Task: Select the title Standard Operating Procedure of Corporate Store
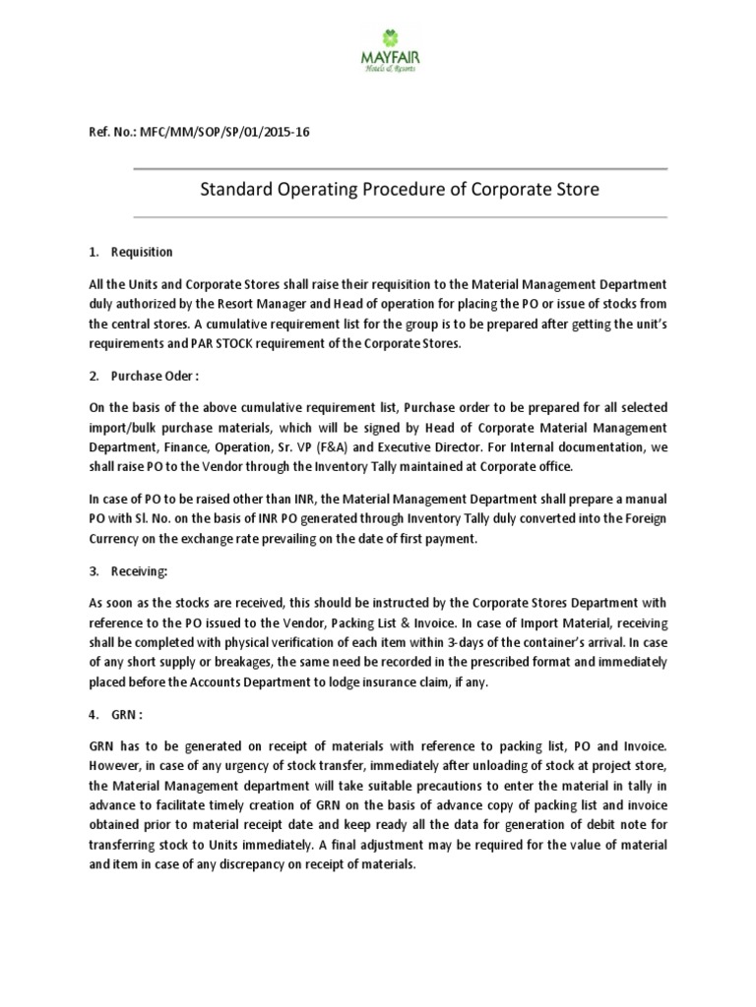point(400,190)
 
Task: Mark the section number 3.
point(92,569)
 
